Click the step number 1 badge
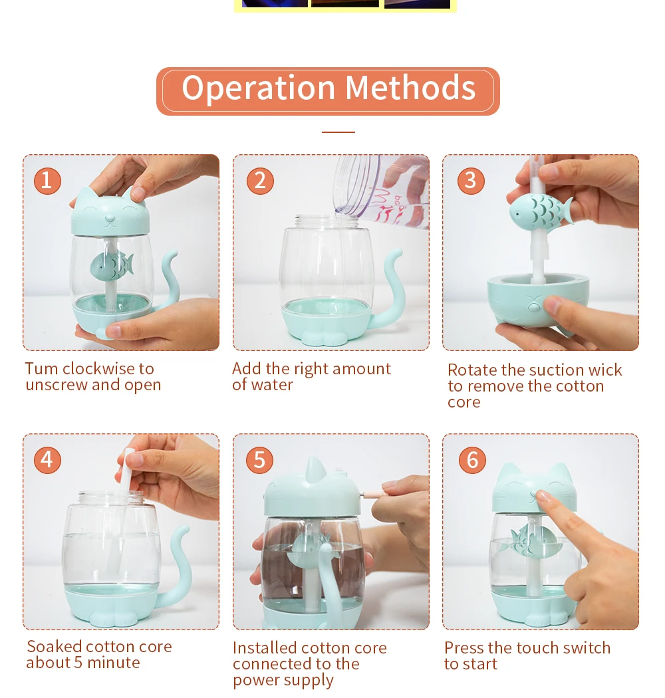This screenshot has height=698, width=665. [x=47, y=181]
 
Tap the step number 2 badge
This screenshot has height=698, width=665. [x=260, y=181]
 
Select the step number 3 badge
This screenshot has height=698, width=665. [x=471, y=181]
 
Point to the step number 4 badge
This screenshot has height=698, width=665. [x=47, y=460]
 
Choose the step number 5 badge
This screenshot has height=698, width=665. [x=259, y=460]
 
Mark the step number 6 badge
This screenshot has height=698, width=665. [x=472, y=460]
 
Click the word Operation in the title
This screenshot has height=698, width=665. [x=258, y=89]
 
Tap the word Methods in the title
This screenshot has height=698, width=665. [x=410, y=88]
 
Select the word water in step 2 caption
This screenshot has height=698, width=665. [x=275, y=385]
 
